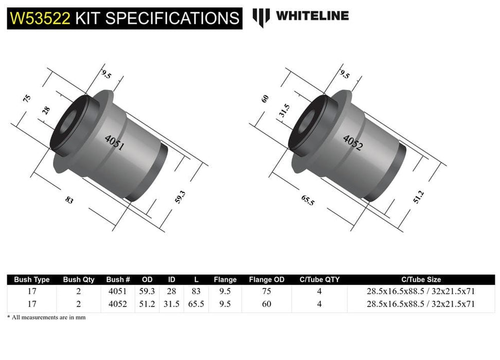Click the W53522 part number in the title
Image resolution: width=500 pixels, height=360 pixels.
40,18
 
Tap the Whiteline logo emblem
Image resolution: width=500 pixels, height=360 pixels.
261,17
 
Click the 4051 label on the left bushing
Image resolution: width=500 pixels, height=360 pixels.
114,142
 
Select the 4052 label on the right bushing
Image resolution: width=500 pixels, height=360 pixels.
353,142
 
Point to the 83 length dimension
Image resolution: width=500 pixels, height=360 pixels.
69,200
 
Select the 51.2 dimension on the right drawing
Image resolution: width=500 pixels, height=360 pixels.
421,197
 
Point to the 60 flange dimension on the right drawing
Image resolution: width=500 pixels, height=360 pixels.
265,99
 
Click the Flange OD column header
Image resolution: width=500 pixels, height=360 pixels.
266,280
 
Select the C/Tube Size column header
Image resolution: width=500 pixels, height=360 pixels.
421,280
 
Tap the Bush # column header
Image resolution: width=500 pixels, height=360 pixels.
118,280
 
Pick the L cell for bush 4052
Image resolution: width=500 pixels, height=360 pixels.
197,304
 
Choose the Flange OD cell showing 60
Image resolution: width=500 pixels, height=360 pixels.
266,304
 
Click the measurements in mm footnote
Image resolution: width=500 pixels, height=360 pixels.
46,317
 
